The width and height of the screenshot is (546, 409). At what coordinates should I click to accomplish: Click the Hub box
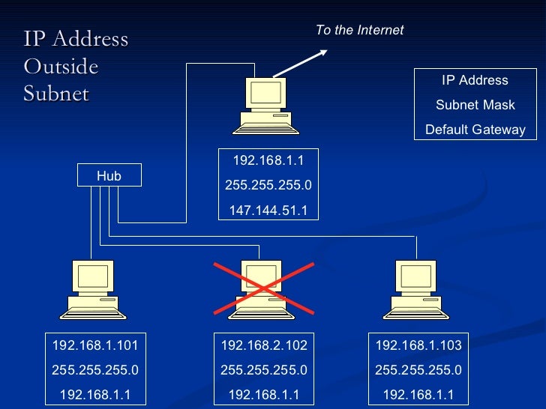tap(109, 176)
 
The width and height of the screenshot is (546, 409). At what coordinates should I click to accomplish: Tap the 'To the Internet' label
tap(359, 30)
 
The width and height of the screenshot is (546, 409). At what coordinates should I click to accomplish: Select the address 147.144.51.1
tap(268, 210)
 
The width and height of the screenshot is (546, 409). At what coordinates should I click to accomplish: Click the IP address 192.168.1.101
tap(94, 345)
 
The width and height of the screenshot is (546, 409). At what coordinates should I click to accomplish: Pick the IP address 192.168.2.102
tap(264, 345)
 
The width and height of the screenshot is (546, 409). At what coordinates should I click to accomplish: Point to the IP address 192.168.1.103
tap(418, 345)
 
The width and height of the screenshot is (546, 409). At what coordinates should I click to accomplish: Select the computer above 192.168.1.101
tap(93, 289)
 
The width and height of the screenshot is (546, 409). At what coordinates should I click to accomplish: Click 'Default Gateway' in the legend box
tap(475, 130)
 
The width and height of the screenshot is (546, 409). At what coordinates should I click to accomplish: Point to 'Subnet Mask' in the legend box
tap(475, 105)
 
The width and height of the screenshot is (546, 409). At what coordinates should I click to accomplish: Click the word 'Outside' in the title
tap(61, 67)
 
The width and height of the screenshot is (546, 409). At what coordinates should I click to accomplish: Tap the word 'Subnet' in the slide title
tap(56, 94)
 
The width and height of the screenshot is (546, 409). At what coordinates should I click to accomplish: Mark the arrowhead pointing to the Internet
tap(322, 52)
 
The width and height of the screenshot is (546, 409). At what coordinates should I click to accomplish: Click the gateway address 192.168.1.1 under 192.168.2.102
tap(264, 395)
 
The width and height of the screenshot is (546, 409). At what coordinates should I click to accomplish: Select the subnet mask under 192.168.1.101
tap(94, 370)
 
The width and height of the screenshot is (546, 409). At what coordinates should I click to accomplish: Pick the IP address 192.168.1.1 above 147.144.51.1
tap(268, 161)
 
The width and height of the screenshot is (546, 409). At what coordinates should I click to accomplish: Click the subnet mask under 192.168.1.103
tap(418, 370)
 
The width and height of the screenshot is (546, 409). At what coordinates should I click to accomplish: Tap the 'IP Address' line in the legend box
tap(475, 80)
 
